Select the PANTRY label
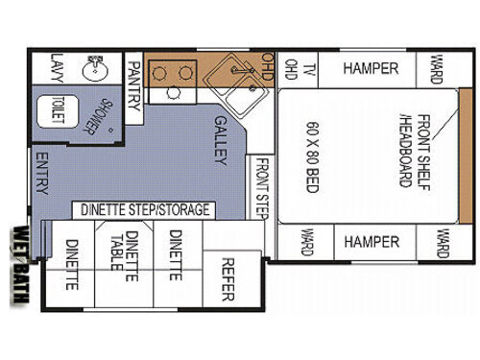click(x=134, y=83)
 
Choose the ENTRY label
click(x=42, y=171)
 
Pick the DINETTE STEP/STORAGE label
click(x=144, y=209)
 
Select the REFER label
click(x=228, y=278)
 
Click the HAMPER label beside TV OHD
click(x=372, y=68)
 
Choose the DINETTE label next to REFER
click(x=176, y=254)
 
